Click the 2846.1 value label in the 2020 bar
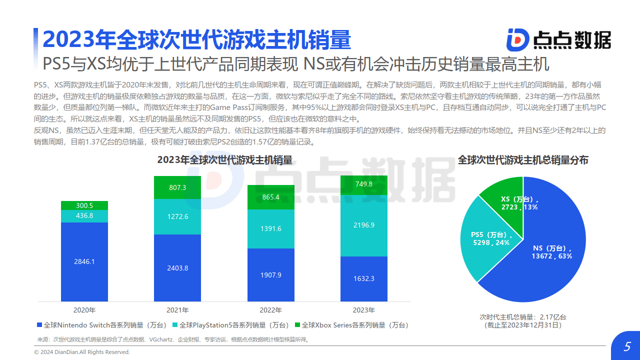(84, 261)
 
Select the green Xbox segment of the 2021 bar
(177, 187)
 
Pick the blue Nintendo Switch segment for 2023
(364, 279)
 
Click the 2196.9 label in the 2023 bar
(364, 225)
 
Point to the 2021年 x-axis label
(177, 310)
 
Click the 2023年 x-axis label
(364, 310)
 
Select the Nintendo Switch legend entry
(102, 325)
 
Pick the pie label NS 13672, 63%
(551, 252)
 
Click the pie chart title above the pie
(523, 160)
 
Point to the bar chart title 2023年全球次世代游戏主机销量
(224, 160)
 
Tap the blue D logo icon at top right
(517, 39)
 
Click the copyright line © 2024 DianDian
(82, 352)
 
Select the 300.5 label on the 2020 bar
(84, 205)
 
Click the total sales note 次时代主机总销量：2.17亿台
(523, 317)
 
